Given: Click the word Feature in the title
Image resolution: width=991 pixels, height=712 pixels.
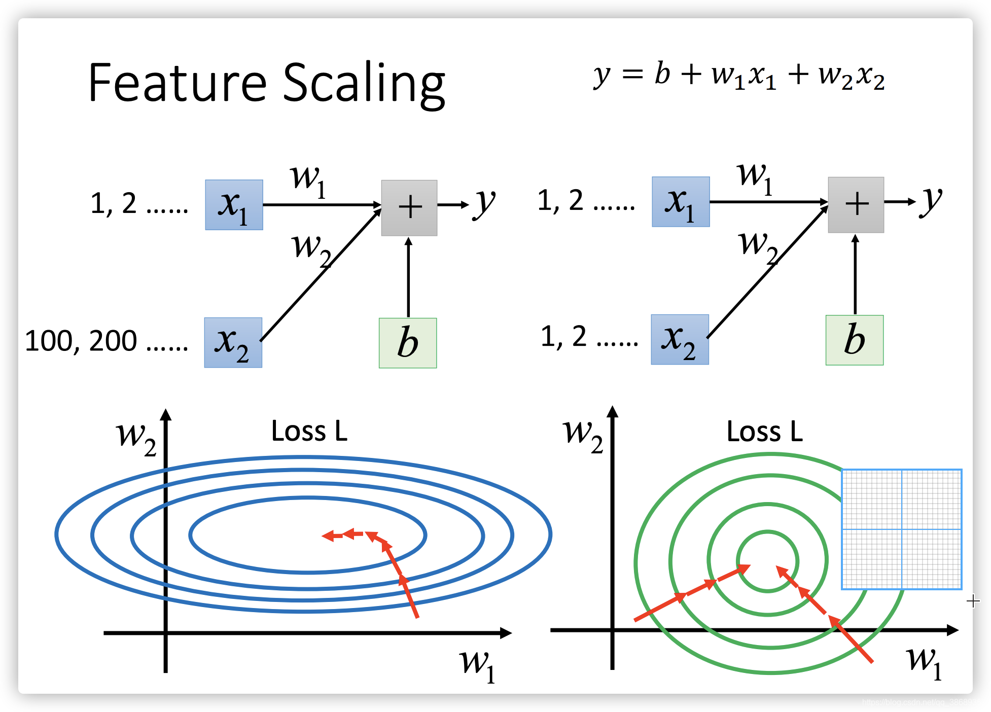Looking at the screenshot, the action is tap(177, 82).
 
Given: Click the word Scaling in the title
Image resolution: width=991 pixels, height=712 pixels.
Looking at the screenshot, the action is tap(364, 84).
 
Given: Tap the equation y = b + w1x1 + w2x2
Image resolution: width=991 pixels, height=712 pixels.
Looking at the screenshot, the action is tap(739, 76).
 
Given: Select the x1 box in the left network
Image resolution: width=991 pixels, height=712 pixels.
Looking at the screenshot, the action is tap(234, 205).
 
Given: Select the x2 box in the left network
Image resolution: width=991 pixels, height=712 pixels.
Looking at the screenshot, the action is tap(233, 343).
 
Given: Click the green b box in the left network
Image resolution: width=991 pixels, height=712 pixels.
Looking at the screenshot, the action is tap(408, 343).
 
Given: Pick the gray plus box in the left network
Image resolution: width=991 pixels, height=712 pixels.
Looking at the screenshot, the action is tap(409, 208).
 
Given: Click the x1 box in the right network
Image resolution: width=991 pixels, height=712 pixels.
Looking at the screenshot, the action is tap(681, 202).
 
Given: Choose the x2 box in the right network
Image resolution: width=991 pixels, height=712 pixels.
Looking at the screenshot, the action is tap(680, 340).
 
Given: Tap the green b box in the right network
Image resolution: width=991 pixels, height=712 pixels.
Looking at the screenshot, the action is tap(855, 340).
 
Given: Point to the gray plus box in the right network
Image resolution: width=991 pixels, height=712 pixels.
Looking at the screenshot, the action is tap(856, 205).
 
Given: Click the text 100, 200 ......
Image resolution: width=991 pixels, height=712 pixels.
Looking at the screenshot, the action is tap(81, 341).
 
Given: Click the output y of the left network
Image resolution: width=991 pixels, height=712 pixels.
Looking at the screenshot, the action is tap(484, 204).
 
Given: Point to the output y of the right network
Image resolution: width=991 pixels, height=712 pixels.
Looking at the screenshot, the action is tap(931, 201).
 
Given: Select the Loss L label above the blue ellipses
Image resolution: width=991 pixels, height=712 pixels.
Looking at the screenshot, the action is tap(309, 431).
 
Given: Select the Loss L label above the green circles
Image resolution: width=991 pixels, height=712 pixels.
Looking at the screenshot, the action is tap(765, 432).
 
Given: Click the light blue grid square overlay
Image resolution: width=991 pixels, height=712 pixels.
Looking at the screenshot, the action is tap(901, 529).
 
